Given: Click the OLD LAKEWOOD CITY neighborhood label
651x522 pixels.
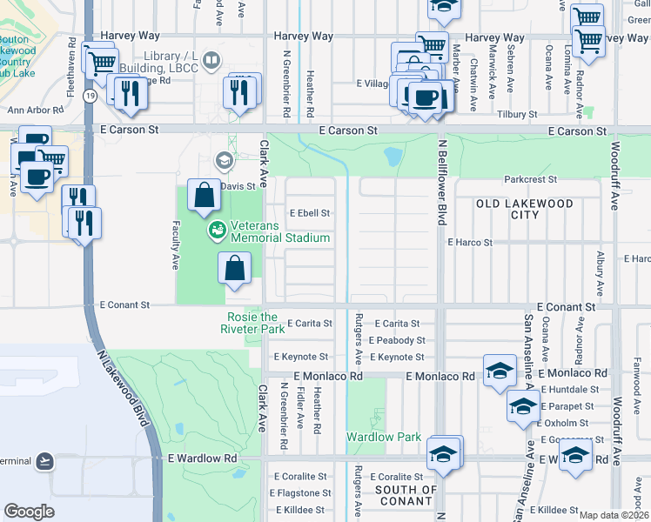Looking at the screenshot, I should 524,209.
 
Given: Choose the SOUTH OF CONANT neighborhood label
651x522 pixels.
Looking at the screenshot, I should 405,495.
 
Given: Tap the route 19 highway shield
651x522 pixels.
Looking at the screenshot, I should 90,96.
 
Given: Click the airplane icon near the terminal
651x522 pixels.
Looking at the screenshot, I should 45,460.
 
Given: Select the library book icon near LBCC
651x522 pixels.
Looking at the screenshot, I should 210,60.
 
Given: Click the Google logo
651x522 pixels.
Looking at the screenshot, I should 29,512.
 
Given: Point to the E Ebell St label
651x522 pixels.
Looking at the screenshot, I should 310,213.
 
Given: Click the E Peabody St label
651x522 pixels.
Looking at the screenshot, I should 396,340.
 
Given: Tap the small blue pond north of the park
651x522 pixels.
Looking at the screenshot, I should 393,157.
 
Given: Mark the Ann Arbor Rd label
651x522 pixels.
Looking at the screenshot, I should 36,110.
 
